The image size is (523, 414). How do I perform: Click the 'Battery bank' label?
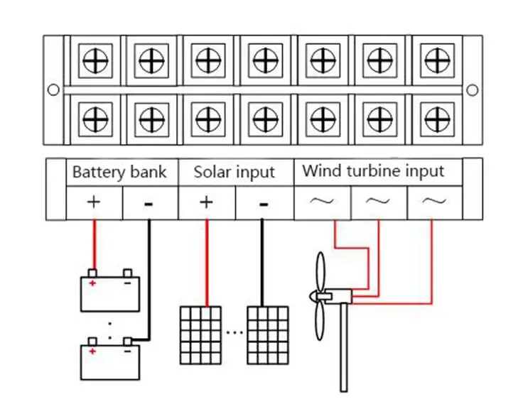[x=119, y=172]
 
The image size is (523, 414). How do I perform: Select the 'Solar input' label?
[x=234, y=172]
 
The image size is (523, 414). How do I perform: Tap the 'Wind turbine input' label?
[x=373, y=171]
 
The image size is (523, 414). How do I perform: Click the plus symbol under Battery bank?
[x=94, y=202]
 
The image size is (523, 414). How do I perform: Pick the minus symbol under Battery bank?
[x=149, y=204]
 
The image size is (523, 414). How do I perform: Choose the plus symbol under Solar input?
[x=206, y=202]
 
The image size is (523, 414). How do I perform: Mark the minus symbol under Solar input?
[x=263, y=204]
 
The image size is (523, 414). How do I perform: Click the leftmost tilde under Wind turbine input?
[x=321, y=202]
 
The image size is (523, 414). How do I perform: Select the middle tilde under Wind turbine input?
[x=378, y=202]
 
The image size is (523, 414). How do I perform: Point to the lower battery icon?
[x=109, y=361]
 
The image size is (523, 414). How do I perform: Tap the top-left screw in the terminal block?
[x=94, y=62]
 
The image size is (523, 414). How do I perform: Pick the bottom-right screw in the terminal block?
[x=433, y=116]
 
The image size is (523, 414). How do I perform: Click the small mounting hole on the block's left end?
[x=53, y=89]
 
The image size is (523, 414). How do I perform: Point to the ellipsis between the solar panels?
[x=234, y=331]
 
